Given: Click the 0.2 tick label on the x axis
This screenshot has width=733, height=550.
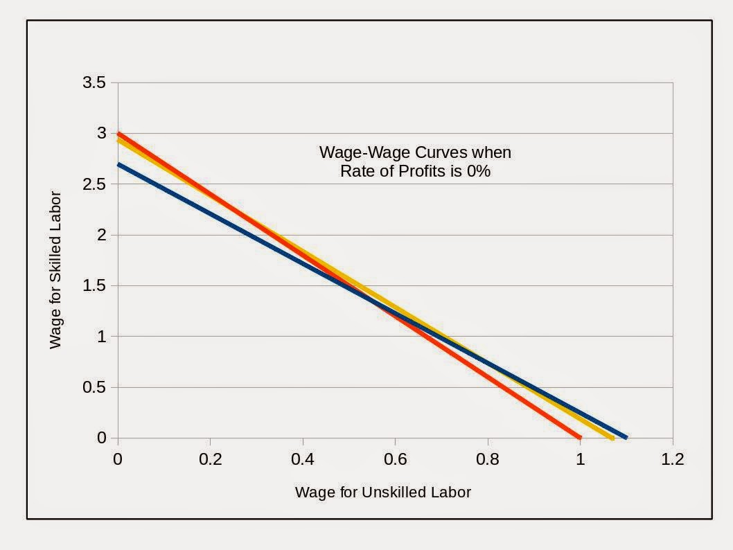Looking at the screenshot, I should tap(210, 459).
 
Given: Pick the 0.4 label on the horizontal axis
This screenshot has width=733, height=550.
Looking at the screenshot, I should tap(303, 459).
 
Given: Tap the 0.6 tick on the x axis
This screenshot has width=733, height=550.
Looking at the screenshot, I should tap(395, 459).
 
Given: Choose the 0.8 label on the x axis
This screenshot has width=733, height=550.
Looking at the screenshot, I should tap(488, 459).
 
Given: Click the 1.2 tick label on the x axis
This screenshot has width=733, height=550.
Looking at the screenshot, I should tap(672, 459).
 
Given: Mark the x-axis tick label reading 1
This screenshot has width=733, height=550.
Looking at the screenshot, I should tap(580, 459).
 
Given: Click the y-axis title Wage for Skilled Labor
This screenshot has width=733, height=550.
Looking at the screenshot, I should tap(55, 270).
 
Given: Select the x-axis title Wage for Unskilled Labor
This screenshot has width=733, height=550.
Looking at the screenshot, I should tap(382, 493).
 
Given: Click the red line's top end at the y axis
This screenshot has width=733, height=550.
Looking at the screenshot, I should tap(118, 134).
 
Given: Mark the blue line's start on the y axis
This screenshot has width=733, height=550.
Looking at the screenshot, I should tap(118, 164).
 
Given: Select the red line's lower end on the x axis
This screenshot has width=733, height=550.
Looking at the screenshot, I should tap(579, 437).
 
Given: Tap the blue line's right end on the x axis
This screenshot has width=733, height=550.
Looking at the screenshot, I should tap(625, 437).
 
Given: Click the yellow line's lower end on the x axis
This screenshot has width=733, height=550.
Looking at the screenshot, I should tap(611, 437).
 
